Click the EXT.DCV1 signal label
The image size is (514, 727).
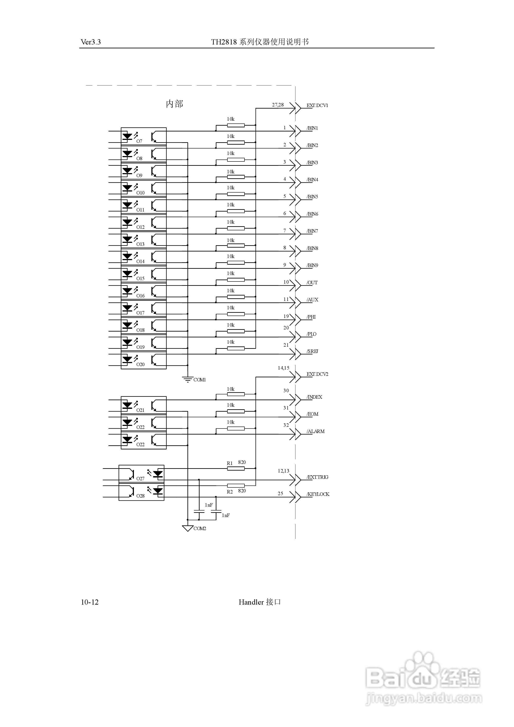[317, 105]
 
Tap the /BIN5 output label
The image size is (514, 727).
[312, 197]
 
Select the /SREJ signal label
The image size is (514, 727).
[312, 351]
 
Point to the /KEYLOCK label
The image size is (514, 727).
[318, 494]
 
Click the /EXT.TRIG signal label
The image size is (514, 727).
[317, 477]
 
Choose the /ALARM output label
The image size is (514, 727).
[315, 431]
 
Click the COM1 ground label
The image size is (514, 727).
[199, 380]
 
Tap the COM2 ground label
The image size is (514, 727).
[200, 528]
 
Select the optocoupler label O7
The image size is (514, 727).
[139, 141]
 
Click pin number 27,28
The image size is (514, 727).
[278, 105]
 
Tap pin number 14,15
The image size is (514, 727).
[283, 368]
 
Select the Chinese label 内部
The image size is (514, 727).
[174, 104]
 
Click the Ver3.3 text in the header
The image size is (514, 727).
[91, 42]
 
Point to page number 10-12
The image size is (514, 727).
[90, 602]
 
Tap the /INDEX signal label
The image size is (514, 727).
[314, 397]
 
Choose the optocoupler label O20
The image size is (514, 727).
[140, 364]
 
